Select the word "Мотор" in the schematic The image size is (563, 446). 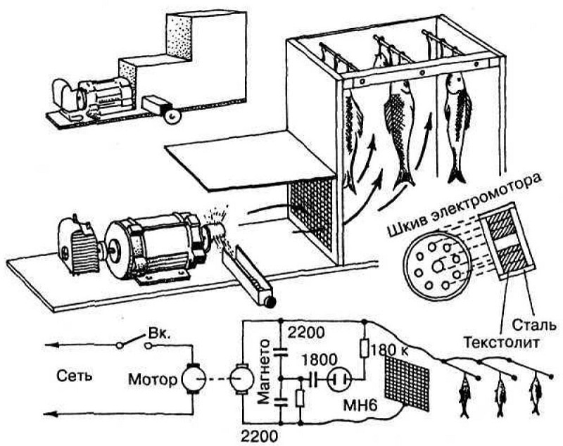pos(151,380)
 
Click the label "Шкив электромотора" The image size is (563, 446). pos(464,203)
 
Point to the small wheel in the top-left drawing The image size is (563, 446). pos(170,116)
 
